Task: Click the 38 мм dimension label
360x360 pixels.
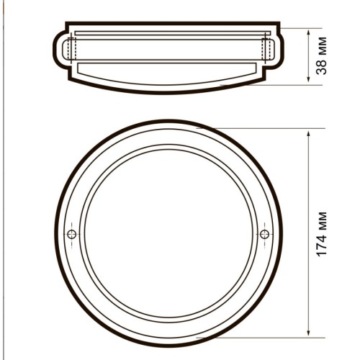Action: click(321, 55)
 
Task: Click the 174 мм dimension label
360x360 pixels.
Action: click(322, 234)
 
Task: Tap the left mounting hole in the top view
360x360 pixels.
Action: click(72, 234)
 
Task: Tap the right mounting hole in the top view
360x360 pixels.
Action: click(265, 234)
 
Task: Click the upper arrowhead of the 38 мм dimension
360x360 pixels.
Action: click(309, 32)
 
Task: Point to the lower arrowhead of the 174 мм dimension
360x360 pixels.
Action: click(309, 333)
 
